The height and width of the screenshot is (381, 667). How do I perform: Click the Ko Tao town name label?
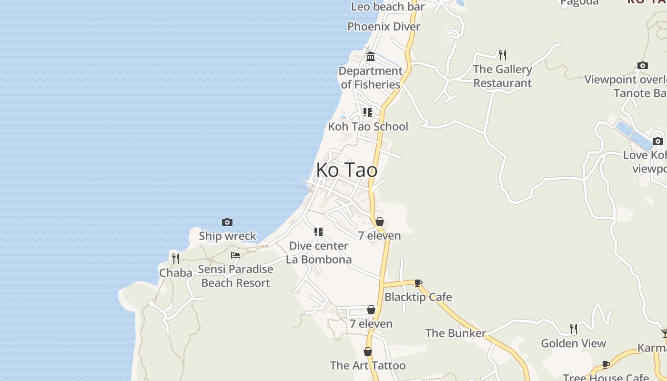347,170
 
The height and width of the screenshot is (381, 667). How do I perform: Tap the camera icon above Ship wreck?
227,222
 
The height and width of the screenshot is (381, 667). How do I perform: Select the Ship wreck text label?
227,236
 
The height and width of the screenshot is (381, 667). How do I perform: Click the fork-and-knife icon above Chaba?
176,258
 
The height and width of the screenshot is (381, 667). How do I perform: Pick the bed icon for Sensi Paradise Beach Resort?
235,255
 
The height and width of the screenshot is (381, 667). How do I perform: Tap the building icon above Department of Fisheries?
371,57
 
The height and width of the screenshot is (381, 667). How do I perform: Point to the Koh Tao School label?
368,126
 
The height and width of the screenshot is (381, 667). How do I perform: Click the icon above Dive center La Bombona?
319,232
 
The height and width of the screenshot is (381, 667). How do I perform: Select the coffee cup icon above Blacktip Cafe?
418,283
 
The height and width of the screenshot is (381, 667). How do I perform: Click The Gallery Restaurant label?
502,76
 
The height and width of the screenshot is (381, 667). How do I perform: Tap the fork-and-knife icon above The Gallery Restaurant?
502,55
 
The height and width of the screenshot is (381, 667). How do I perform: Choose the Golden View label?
573,343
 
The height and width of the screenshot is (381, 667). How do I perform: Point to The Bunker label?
455,333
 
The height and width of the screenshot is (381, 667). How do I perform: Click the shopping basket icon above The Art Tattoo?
368,352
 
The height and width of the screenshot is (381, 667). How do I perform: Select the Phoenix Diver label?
384,26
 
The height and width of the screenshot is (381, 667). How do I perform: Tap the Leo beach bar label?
388,7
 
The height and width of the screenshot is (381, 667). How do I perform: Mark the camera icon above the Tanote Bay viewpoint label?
643,66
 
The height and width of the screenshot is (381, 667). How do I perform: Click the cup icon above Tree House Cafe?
606,365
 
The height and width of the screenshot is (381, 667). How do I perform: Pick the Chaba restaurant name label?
176,273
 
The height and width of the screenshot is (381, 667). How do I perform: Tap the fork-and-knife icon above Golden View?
574,329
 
